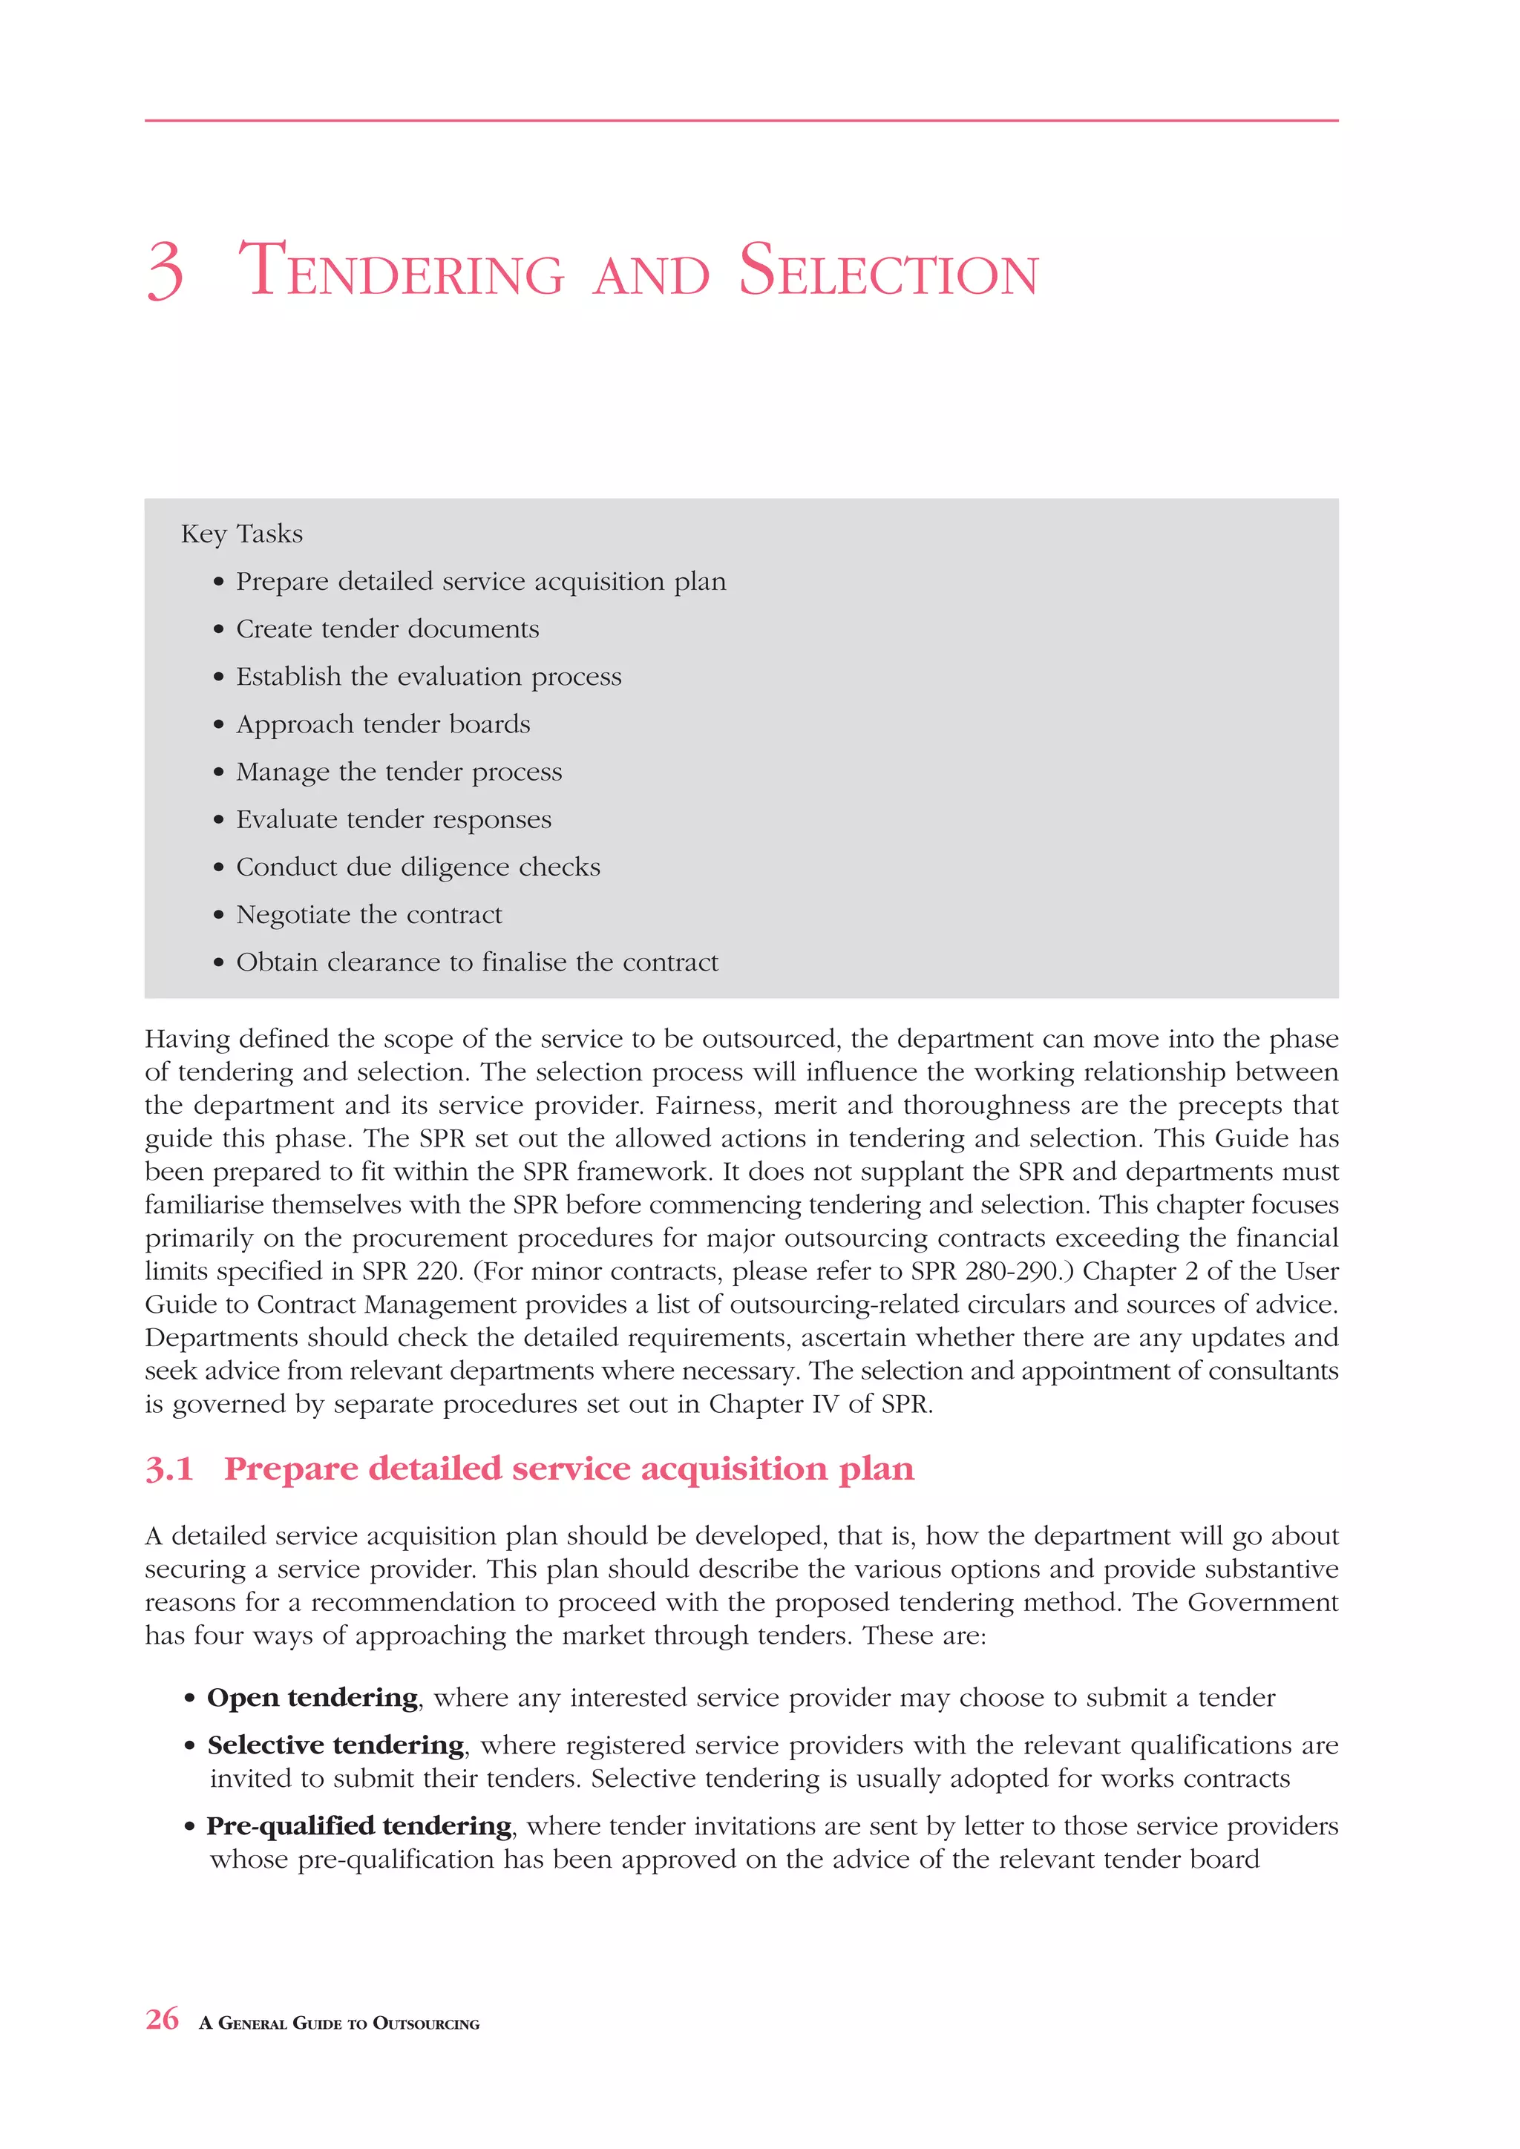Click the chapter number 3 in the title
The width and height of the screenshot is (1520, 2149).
[165, 272]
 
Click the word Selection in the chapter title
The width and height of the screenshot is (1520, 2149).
[888, 272]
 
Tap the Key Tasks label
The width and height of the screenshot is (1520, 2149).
[241, 534]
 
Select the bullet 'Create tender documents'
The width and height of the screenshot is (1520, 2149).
[387, 629]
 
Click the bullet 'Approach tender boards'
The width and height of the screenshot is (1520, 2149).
[383, 724]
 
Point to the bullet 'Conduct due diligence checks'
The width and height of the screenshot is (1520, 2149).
[417, 867]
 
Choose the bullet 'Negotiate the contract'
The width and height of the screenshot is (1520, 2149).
[369, 914]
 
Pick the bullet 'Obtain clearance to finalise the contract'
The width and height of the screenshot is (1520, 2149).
[476, 962]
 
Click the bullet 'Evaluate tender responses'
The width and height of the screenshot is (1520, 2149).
[393, 820]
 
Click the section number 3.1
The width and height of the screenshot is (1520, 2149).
[169, 1469]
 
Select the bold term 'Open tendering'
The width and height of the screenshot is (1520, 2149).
[312, 1698]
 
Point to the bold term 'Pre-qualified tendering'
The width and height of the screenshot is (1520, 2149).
[359, 1826]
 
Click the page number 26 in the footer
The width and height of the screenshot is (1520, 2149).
[162, 2019]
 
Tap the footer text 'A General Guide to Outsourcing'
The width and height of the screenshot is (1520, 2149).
[339, 2024]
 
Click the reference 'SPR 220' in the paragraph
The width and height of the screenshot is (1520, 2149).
[411, 1271]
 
